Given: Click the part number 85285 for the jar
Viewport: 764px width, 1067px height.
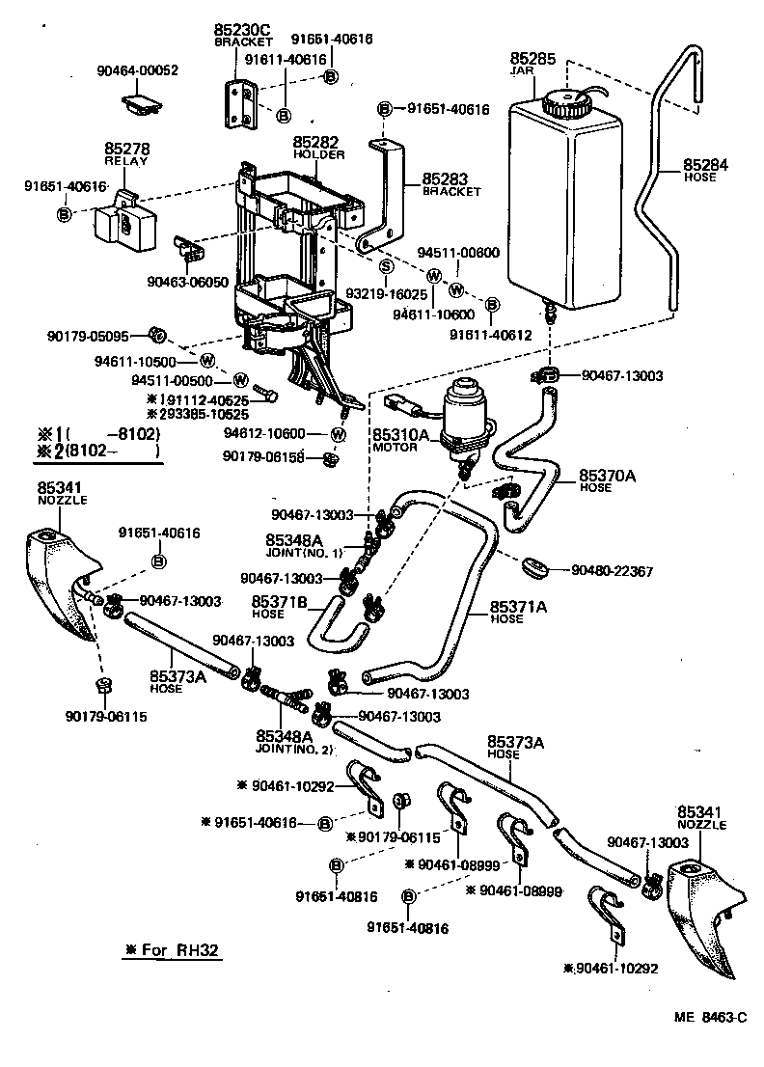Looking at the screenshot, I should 532,59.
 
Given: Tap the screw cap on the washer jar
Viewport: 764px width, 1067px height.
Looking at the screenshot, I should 563,102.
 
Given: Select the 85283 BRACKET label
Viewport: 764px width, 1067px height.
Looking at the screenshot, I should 450,184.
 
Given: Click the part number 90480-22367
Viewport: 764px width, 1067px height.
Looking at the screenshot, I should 611,572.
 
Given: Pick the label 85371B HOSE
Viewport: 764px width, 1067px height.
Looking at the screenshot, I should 280,607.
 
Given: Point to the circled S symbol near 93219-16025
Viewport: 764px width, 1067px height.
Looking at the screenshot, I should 385,266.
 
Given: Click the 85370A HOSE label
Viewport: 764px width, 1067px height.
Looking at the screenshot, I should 609,480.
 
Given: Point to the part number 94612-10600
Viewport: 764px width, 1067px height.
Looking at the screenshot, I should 278,434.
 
